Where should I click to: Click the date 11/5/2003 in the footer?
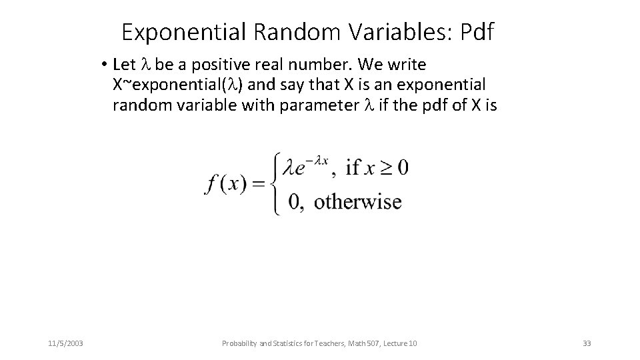pos(65,343)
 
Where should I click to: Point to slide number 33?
pos(587,343)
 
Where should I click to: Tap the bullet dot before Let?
pos(105,65)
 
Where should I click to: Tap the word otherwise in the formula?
pos(357,201)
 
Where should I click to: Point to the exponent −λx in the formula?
pos(317,160)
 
